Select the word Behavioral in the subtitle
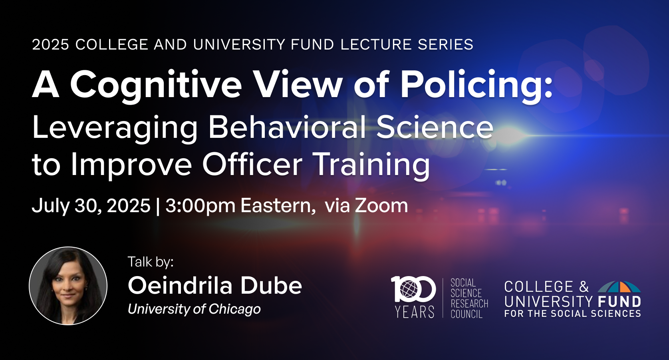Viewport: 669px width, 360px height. (287, 127)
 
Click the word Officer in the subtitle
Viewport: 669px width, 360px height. (252, 164)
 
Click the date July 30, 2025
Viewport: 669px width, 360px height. (91, 206)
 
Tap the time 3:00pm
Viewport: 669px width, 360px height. (201, 206)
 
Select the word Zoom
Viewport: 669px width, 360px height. (381, 205)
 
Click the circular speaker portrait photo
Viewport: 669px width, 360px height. (68, 286)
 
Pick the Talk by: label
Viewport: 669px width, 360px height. (151, 262)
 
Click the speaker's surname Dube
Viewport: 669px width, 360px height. (271, 285)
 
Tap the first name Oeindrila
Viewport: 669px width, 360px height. (180, 285)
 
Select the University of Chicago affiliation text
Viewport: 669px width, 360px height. (194, 309)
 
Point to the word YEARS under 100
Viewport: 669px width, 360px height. (415, 312)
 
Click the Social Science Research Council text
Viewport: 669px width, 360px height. (469, 298)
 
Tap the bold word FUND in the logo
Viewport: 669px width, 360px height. (619, 302)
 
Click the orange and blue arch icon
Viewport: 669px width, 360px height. (619, 287)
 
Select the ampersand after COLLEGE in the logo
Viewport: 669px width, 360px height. (584, 286)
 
